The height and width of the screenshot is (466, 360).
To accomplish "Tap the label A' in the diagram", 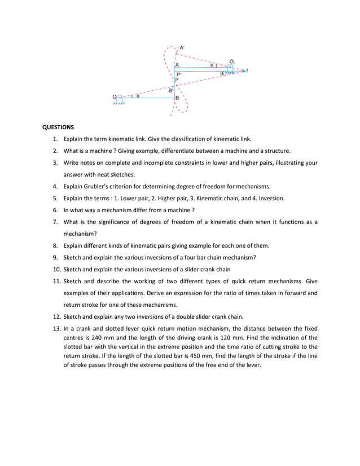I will click(182, 48).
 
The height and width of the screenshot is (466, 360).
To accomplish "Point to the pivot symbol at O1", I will click(230, 68).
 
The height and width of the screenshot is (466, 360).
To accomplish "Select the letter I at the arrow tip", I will click(248, 71).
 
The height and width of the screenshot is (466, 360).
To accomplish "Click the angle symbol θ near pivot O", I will click(137, 96).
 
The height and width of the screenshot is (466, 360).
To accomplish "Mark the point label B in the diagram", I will click(177, 98).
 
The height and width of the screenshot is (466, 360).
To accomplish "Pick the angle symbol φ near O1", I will click(212, 65).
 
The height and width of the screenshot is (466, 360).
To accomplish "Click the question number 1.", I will click(56, 139).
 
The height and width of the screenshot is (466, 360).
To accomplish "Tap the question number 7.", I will click(56, 222).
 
